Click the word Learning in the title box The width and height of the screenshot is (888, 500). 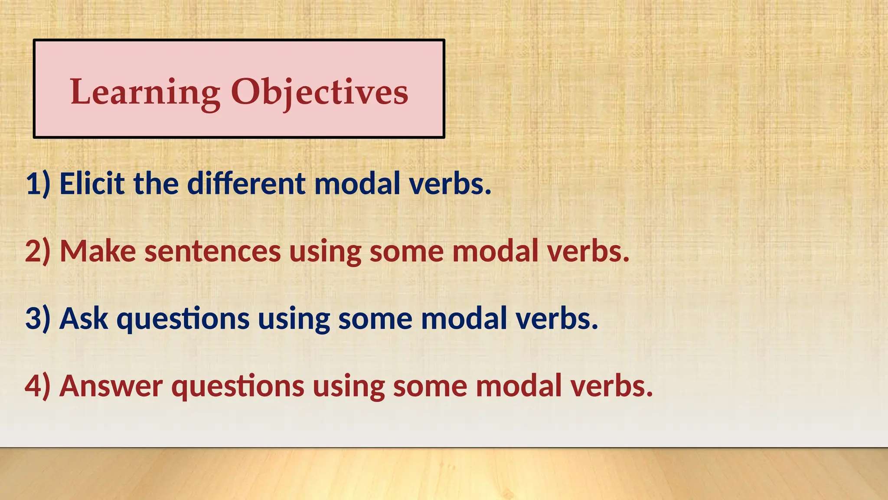pos(145,92)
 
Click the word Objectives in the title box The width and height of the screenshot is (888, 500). pos(320,92)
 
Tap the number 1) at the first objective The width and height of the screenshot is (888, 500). pos(38,184)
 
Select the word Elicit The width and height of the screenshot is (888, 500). pos(92,184)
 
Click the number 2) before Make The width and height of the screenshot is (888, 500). pos(38,251)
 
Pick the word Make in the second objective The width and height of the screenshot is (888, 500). pos(98,251)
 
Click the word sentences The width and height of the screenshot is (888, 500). pos(212,251)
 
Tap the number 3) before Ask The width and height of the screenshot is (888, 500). pos(38,319)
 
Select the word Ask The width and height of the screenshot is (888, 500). pos(83,319)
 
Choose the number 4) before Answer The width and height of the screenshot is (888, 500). pos(38,386)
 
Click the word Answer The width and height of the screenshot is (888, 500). pos(111,386)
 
